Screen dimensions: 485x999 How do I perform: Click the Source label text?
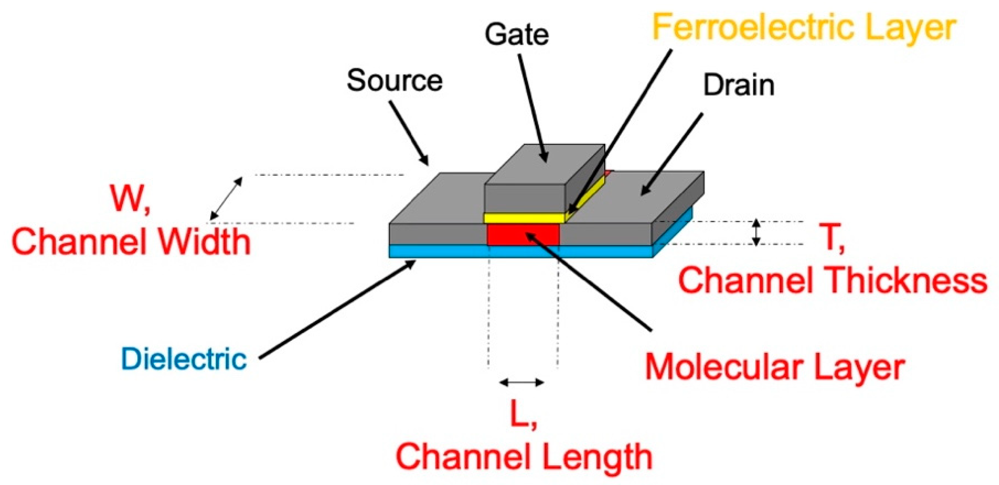[x=394, y=81]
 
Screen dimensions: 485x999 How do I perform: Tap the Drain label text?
[x=739, y=86]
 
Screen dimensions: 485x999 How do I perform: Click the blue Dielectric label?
[x=184, y=359]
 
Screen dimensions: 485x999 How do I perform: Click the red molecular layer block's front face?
[x=523, y=235]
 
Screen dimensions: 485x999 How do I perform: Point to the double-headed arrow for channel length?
[x=521, y=382]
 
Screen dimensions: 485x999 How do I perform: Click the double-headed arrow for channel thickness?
[x=756, y=232]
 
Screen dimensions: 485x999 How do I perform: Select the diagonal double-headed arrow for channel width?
[x=226, y=198]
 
